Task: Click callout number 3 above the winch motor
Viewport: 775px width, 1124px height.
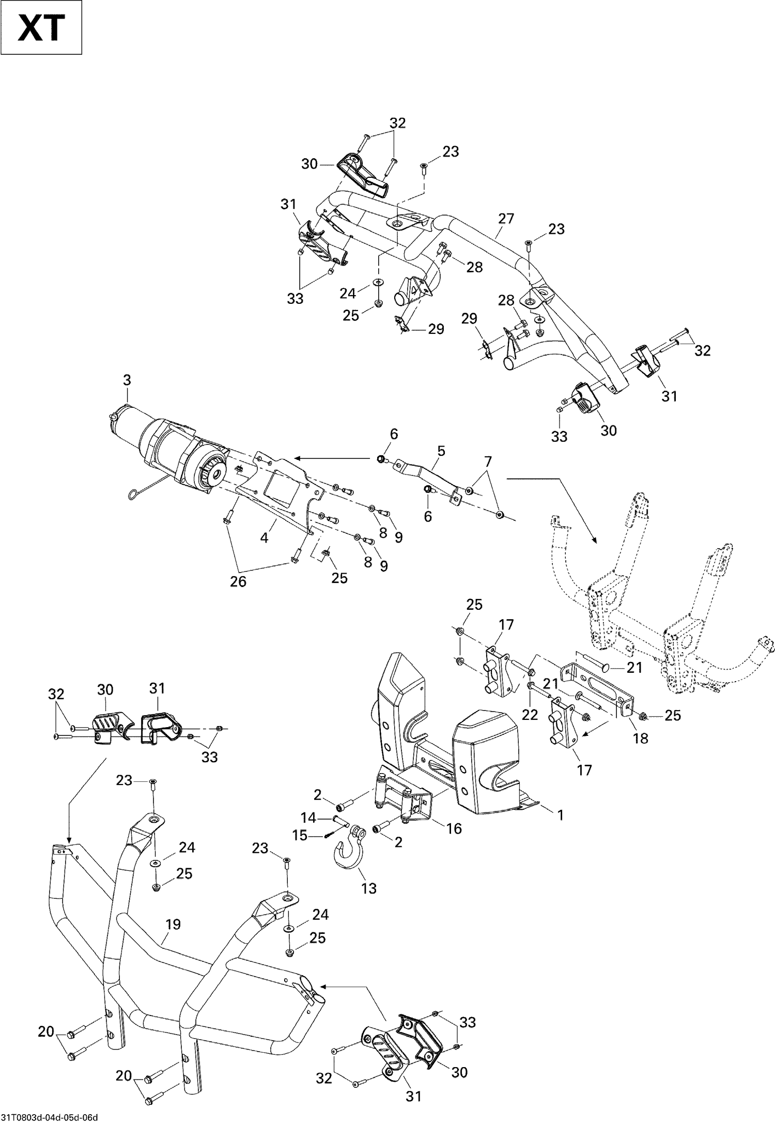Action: pos(127,380)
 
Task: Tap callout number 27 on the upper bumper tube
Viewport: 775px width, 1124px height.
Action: pos(506,219)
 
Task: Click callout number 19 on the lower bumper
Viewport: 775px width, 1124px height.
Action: pos(173,924)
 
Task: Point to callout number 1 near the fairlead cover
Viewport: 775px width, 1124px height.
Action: pos(560,815)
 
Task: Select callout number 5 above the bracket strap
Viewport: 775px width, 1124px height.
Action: pos(441,451)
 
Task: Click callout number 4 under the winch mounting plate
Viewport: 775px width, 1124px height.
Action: pos(264,538)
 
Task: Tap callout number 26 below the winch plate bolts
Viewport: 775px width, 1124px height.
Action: pos(238,581)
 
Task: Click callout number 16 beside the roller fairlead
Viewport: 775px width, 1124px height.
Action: pos(453,828)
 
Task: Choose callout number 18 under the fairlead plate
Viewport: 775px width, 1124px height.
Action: pos(640,738)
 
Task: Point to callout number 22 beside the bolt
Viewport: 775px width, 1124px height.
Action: pos(530,714)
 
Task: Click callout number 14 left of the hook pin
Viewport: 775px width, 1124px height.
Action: pos(308,817)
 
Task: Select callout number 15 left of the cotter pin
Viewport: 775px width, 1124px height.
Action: pos(300,835)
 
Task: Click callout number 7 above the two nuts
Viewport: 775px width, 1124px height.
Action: pos(488,460)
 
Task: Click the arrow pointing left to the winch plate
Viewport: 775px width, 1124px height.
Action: pos(333,458)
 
